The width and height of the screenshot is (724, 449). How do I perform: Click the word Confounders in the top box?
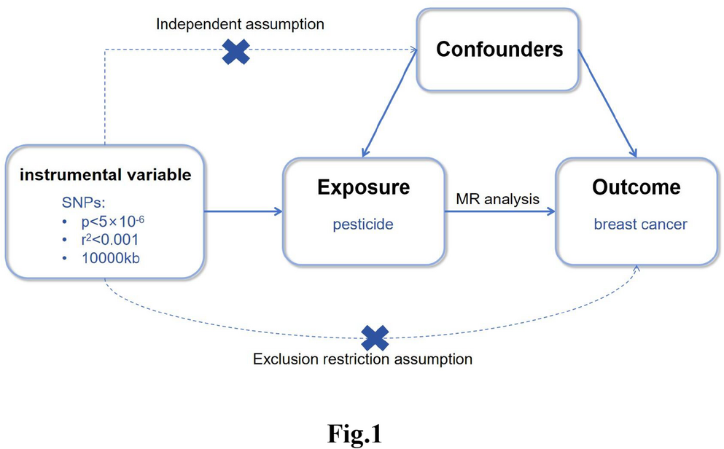pyautogui.click(x=499, y=50)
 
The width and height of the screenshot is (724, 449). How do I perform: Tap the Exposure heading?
pyautogui.click(x=363, y=188)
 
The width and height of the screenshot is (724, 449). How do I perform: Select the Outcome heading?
pyautogui.click(x=637, y=188)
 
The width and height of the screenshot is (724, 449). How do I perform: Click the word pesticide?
pyautogui.click(x=363, y=224)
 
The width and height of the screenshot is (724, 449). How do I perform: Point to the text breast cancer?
pyautogui.click(x=640, y=224)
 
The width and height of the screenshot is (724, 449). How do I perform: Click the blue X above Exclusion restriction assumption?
pyautogui.click(x=375, y=337)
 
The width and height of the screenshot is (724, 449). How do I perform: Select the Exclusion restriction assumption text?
pyautogui.click(x=362, y=359)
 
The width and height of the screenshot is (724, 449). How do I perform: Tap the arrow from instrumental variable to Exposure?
pyautogui.click(x=243, y=212)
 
